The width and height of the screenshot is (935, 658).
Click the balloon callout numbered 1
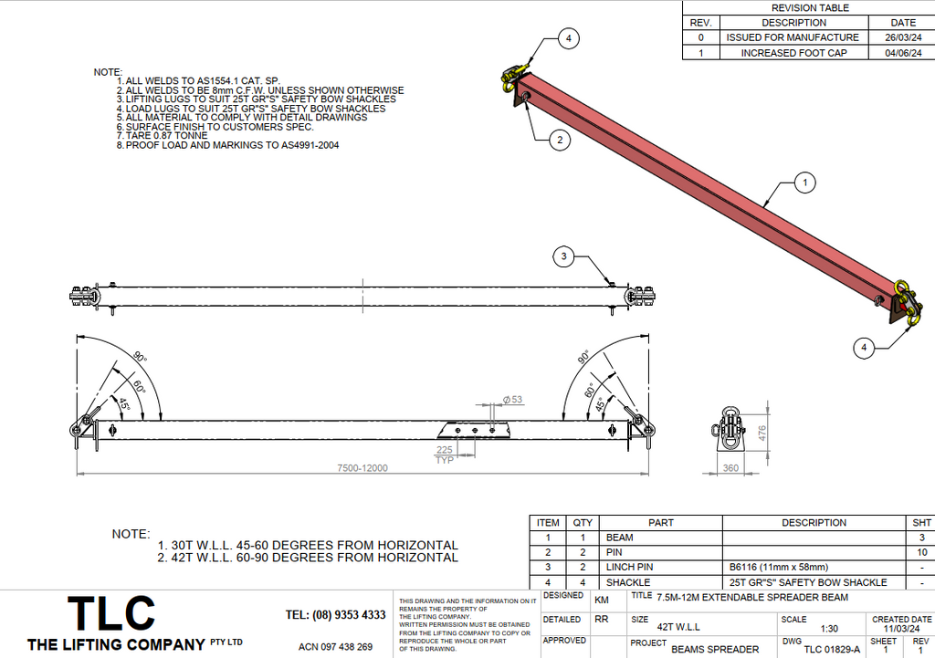804,183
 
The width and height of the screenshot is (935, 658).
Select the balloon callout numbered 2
560,140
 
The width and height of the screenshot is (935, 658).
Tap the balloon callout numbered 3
564,257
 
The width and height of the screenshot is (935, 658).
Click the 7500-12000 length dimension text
362,468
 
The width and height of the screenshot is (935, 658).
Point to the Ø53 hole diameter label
512,400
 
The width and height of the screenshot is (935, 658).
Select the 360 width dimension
730,467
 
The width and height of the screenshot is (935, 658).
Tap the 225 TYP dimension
445,455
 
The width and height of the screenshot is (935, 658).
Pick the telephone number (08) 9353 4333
335,615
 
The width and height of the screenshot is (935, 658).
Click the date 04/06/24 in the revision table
902,53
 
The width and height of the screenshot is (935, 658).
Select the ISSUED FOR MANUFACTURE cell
793,37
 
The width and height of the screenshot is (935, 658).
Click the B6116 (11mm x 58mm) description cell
778,567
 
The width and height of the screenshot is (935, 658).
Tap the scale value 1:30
829,629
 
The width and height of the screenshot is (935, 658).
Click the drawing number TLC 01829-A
832,649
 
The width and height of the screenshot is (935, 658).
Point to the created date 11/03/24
902,629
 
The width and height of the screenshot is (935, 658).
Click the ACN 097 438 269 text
335,647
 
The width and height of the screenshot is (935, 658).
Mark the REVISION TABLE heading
810,8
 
